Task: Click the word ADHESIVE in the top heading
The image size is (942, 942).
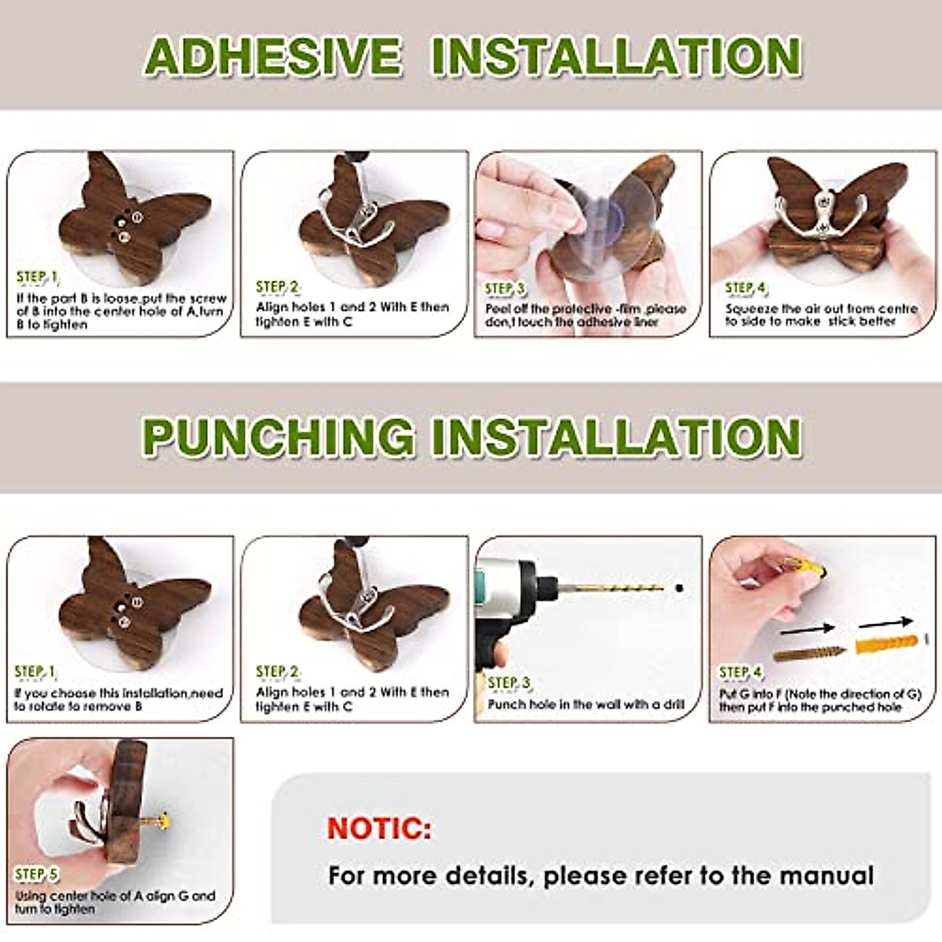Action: (x=273, y=57)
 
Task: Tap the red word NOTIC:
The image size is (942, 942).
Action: (x=379, y=828)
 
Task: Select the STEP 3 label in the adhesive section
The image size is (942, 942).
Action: (x=504, y=289)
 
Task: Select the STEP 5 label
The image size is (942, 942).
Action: (x=36, y=874)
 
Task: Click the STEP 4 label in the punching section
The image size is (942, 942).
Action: (x=740, y=672)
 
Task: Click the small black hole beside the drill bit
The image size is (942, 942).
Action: (x=677, y=587)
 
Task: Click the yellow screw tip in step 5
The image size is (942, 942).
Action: (x=163, y=823)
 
